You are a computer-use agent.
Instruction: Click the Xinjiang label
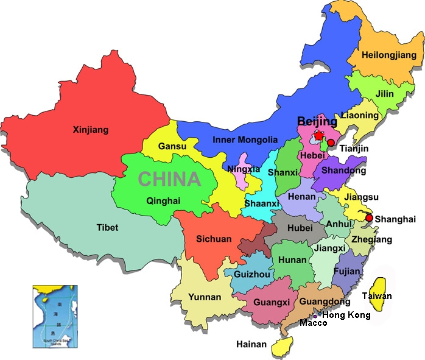click(90, 129)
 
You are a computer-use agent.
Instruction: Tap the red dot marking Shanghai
click(369, 217)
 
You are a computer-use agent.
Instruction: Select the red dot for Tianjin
click(331, 143)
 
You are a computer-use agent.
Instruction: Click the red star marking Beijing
click(317, 135)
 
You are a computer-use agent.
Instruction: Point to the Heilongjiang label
click(388, 55)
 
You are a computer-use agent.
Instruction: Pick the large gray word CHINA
click(169, 179)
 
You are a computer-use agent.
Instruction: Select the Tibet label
click(107, 227)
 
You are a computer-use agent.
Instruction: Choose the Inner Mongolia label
click(245, 139)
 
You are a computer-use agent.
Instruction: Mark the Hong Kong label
click(346, 314)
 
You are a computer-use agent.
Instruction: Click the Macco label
click(313, 323)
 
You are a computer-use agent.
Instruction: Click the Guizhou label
click(251, 275)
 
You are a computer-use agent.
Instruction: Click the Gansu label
click(172, 146)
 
